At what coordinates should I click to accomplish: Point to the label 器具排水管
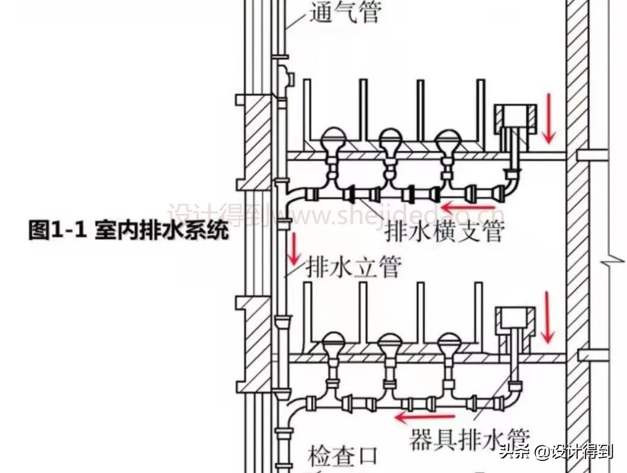469,439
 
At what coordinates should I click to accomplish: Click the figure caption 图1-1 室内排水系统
129,231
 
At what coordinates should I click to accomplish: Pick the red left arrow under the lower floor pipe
425,416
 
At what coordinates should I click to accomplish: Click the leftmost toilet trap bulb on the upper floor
332,141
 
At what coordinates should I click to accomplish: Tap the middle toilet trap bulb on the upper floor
391,141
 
